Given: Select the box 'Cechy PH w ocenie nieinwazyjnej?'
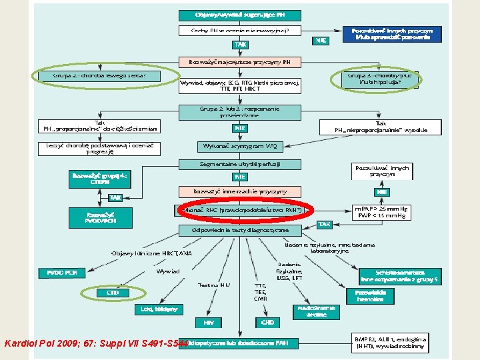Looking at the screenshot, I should [x=239, y=31].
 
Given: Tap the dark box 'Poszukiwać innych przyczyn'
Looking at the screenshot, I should [x=396, y=34].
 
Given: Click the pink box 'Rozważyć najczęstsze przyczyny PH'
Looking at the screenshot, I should [x=239, y=62].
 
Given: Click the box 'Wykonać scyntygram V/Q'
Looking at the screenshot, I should [x=239, y=146].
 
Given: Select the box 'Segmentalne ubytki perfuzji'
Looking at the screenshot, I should [x=239, y=163].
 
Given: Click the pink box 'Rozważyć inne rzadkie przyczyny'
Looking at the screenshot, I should [x=239, y=191].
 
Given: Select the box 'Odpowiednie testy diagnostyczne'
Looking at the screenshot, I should [x=241, y=230].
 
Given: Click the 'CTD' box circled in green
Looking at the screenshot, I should [x=113, y=293].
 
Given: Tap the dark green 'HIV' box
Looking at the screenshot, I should [x=209, y=322].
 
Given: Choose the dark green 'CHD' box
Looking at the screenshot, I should [x=267, y=322].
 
